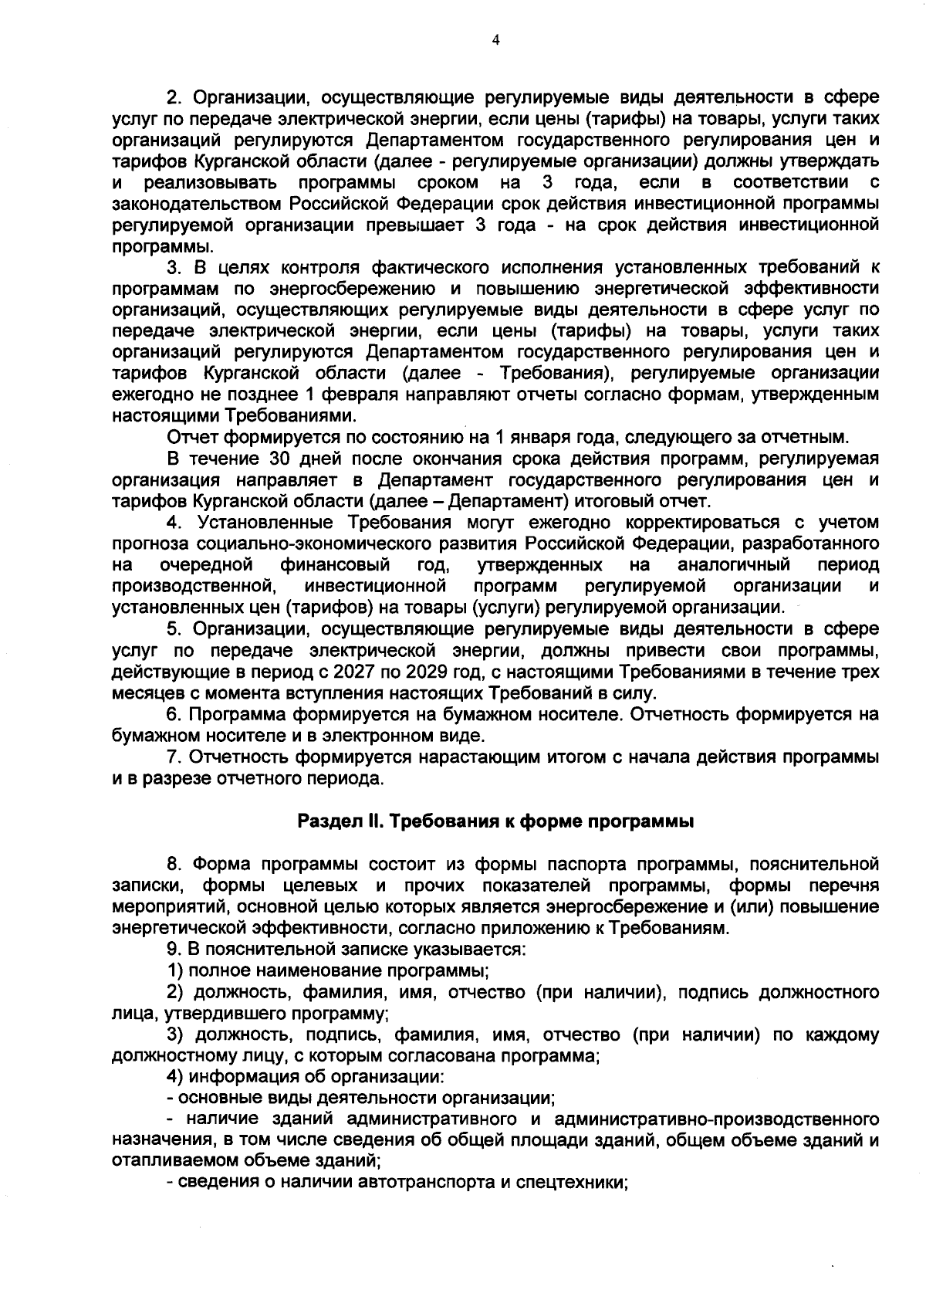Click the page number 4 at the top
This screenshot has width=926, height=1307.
pos(495,40)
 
